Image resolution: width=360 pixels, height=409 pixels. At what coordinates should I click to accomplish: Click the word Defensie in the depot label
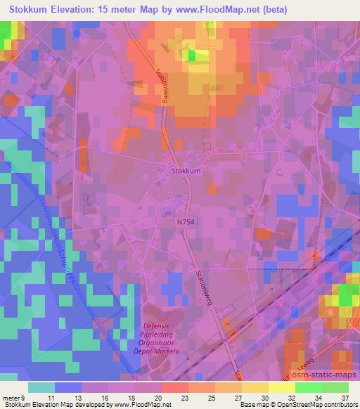(160, 325)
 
